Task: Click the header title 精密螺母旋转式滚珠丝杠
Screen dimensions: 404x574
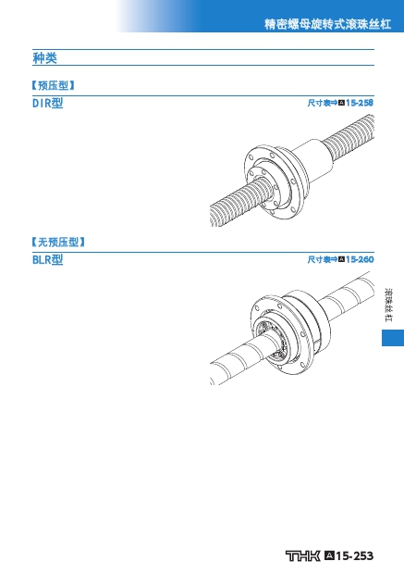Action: click(327, 24)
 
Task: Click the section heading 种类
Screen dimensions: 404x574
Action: click(44, 57)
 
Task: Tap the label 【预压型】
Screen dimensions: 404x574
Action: click(54, 85)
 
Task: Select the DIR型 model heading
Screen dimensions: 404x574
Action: click(47, 104)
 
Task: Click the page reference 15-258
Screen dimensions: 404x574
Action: click(360, 103)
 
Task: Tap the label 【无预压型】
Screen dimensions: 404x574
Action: click(58, 242)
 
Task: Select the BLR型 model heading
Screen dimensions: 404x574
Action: click(47, 259)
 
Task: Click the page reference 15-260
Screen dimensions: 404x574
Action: click(360, 259)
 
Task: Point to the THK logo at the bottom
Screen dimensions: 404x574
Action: click(302, 555)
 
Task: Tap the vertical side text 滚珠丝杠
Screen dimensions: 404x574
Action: click(388, 306)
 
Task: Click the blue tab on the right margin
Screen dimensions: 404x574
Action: click(393, 338)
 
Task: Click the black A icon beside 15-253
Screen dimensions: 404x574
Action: click(329, 555)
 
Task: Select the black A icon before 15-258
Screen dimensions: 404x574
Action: click(341, 103)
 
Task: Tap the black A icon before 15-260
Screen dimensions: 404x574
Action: click(341, 259)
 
